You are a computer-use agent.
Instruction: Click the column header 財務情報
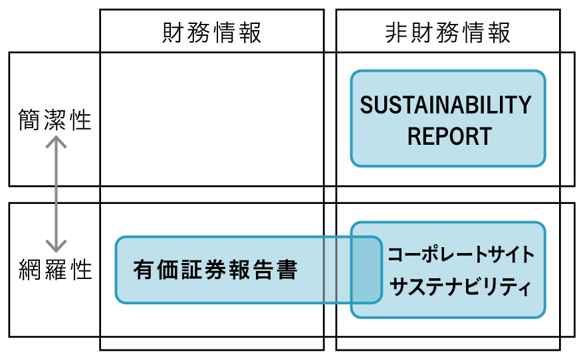coord(212,33)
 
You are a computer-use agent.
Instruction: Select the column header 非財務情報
coord(448,33)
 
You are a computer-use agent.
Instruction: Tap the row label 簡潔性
coord(55,120)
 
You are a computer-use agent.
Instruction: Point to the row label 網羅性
coord(55,270)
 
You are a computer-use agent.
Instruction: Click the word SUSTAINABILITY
coord(446,106)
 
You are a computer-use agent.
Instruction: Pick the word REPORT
coord(449,137)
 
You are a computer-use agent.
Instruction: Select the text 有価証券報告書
coord(215,270)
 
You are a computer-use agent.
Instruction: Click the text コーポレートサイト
coord(461,254)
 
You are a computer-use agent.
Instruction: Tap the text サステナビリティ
coord(461,288)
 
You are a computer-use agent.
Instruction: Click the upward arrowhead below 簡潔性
coord(57,141)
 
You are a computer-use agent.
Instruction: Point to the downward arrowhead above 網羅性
coord(57,246)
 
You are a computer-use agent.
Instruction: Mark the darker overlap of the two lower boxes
coord(366,270)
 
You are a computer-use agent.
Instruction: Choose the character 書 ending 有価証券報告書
coord(287,270)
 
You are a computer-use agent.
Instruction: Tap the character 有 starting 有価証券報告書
coord(143,270)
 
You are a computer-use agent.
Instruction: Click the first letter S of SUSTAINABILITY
coord(366,106)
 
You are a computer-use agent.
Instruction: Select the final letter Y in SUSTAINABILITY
coord(525,106)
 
